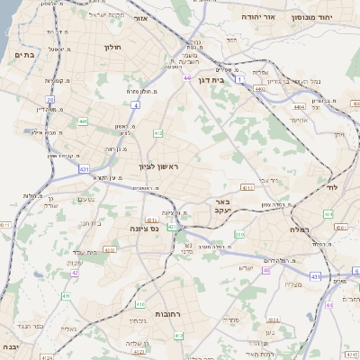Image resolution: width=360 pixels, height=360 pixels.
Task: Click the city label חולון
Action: coord(112,46)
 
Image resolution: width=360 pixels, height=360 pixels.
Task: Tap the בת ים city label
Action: coord(24,55)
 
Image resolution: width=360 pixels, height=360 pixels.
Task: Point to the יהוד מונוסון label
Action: coord(310,17)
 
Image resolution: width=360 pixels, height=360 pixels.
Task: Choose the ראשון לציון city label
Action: coord(159,166)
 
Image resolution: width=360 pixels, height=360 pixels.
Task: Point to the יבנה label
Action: coord(9,346)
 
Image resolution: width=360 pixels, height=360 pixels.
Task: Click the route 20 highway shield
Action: coord(50,100)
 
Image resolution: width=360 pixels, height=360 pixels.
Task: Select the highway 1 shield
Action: coord(240,80)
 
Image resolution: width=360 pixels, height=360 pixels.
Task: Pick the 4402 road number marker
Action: coord(261,88)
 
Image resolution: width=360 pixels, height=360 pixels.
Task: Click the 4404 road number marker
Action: coord(298,106)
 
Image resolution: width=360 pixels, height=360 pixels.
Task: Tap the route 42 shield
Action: coord(76,273)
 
